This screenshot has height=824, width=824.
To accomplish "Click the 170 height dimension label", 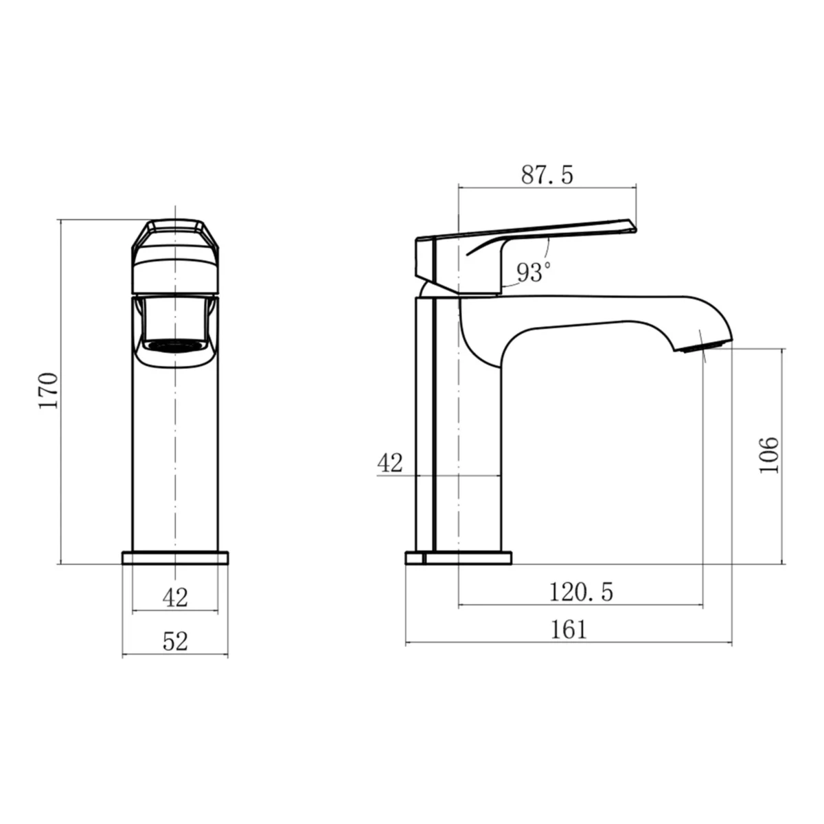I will (x=48, y=391).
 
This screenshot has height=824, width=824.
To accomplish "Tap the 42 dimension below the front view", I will (x=175, y=597).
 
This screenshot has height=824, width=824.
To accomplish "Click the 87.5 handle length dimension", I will (x=547, y=174).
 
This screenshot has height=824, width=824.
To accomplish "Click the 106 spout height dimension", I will (x=769, y=455).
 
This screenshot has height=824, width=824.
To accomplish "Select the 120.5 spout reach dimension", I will (x=580, y=591).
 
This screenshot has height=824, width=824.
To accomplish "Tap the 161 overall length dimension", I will (x=569, y=629).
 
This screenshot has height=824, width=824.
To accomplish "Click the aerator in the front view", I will (x=175, y=345).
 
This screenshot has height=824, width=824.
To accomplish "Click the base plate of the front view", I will (x=175, y=558).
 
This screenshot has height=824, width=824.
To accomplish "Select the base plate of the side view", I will (x=459, y=558).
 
